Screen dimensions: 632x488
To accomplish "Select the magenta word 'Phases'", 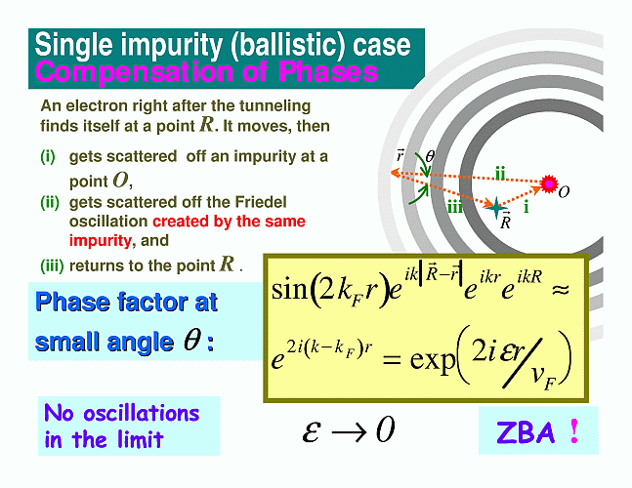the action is [328, 71].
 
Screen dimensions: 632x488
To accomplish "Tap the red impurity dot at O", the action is [549, 184].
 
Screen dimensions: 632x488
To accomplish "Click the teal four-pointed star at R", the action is [496, 208].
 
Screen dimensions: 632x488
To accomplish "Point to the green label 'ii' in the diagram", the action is [500, 173].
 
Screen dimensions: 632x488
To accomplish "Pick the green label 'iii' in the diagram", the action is [454, 208].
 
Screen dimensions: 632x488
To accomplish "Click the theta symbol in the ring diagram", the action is [430, 156].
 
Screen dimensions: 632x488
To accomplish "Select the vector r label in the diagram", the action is [400, 155].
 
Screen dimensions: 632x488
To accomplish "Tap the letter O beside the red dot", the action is [564, 192].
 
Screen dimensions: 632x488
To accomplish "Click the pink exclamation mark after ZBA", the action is [574, 431].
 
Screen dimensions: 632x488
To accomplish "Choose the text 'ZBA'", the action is [526, 432].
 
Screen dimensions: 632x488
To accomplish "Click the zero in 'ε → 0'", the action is [385, 429].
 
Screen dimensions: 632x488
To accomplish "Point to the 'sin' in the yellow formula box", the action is [288, 289].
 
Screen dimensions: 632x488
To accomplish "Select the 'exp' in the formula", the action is [433, 358].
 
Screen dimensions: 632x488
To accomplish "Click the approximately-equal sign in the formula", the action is [560, 289].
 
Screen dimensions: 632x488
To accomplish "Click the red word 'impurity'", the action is [101, 241].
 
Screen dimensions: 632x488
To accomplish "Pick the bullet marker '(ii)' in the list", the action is [50, 202].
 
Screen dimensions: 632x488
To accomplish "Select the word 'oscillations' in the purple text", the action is [142, 414].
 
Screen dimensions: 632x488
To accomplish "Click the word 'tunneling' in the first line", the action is [274, 106].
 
